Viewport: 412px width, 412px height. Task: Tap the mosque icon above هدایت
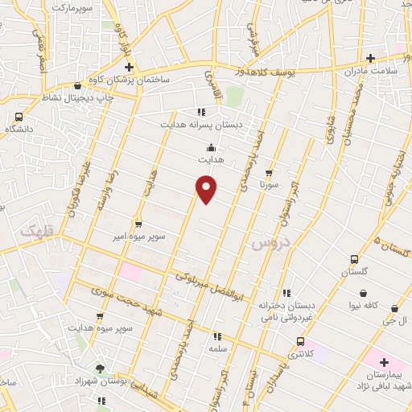coord(211,147)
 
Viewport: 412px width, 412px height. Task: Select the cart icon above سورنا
coord(269,171)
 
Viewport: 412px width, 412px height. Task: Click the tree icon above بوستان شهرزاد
coord(100,367)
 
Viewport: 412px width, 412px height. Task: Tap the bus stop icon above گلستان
coord(354,259)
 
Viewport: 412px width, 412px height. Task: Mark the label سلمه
coord(216,349)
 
